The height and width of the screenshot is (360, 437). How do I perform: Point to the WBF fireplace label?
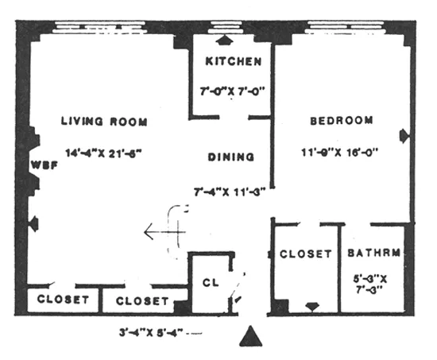[41, 165]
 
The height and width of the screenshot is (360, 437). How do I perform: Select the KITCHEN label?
[229, 62]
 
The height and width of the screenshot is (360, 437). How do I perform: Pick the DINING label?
[230, 157]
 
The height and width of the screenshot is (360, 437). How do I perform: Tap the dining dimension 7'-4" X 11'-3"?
[229, 191]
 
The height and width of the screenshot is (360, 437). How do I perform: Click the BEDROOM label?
[341, 121]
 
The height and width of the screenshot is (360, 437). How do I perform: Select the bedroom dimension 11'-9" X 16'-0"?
[340, 151]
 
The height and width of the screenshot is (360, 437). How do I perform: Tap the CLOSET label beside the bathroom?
[306, 254]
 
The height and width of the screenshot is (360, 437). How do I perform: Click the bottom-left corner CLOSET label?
[64, 301]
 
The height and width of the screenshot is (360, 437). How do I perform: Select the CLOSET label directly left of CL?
[142, 301]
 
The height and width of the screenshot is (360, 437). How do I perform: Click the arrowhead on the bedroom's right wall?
[405, 134]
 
